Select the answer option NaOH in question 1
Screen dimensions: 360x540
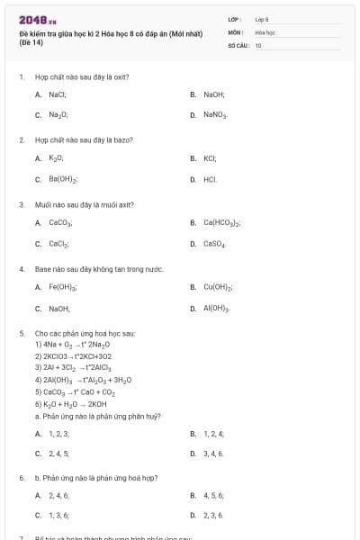pos(213,94)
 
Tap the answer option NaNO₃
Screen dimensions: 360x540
pos(216,115)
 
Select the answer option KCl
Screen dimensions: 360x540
pos(211,157)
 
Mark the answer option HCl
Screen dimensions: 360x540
pos(210,179)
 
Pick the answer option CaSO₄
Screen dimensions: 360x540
pos(216,244)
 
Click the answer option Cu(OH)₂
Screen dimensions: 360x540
pos(219,287)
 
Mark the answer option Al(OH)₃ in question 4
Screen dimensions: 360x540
pos(217,309)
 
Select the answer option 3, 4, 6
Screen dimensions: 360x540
pos(213,454)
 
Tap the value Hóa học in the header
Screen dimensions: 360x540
pos(264,31)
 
